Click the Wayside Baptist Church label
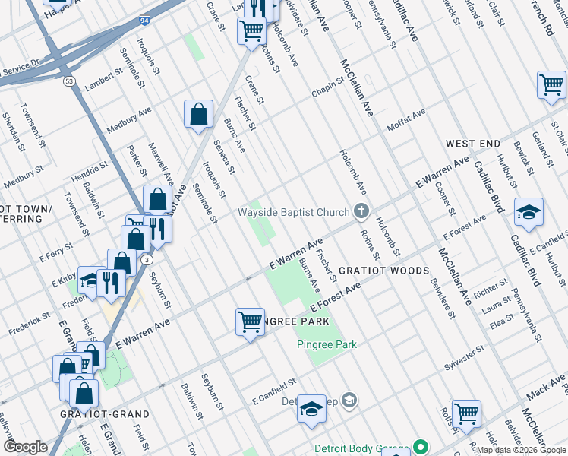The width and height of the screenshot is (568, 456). pos(293,211)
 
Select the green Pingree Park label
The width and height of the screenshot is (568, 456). pos(326,344)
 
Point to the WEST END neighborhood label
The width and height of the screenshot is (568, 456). pos(472,144)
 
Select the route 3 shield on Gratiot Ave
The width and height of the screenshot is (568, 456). pos(144,261)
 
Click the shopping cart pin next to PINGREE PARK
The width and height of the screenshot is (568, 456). pos(250,322)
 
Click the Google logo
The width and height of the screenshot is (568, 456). pos(24,447)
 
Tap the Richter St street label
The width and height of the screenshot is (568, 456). pos(491,288)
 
